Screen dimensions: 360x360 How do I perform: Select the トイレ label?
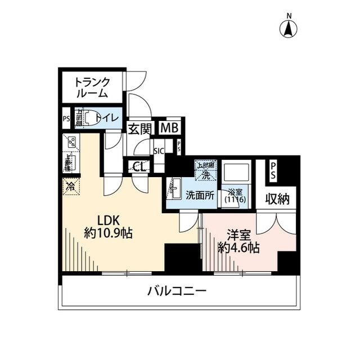coord(106,118)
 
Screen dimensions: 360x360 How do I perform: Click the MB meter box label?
coord(169,128)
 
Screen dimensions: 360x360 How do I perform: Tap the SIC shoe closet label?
coord(159,151)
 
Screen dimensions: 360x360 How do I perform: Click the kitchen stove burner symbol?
coord(71,142)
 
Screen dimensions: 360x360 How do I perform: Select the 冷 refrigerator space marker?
coord(71,185)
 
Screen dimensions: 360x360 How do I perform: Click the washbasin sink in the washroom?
coord(174,187)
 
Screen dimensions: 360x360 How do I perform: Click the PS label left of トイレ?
coord(66,119)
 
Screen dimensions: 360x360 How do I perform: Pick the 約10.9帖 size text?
coord(108,233)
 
